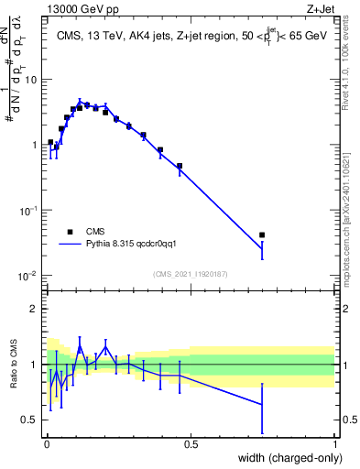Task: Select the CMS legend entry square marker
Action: (70, 232)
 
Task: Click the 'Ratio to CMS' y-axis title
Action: (13, 365)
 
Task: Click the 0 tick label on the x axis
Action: (47, 443)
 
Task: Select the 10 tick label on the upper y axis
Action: (29, 80)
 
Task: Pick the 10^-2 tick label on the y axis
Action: (27, 277)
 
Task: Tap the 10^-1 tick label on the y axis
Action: (27, 211)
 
